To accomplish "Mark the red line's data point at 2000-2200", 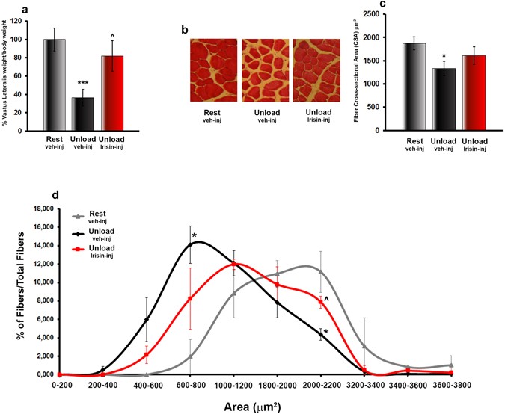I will point(321,302).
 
